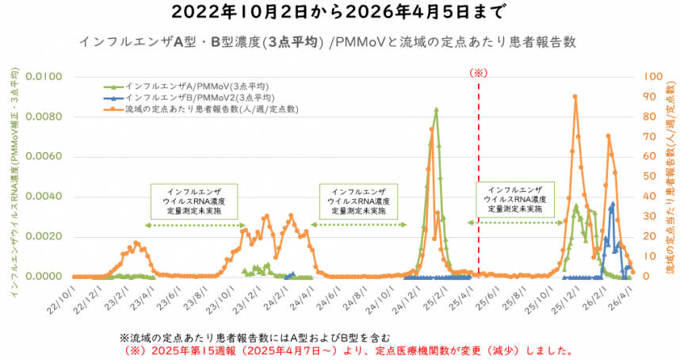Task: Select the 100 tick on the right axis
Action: coord(653,78)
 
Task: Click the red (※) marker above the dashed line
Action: coord(479,72)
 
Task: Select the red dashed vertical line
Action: coord(479,174)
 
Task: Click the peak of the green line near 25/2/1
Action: coord(436,109)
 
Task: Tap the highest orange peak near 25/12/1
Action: coord(575,97)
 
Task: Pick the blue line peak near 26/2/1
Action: coord(612,204)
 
